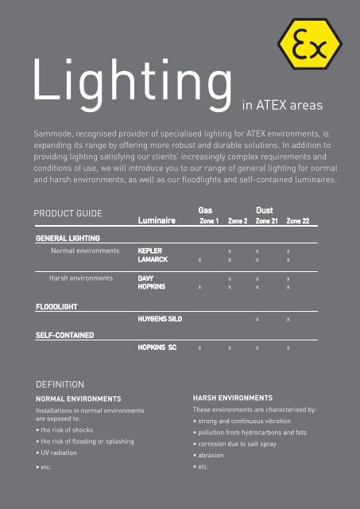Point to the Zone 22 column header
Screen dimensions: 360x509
click(298, 221)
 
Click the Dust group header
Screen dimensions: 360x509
click(264, 210)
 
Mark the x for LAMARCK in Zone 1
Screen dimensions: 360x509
click(199, 259)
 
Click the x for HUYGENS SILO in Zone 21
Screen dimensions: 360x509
click(256, 319)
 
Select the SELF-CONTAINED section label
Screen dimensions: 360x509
click(65, 335)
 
